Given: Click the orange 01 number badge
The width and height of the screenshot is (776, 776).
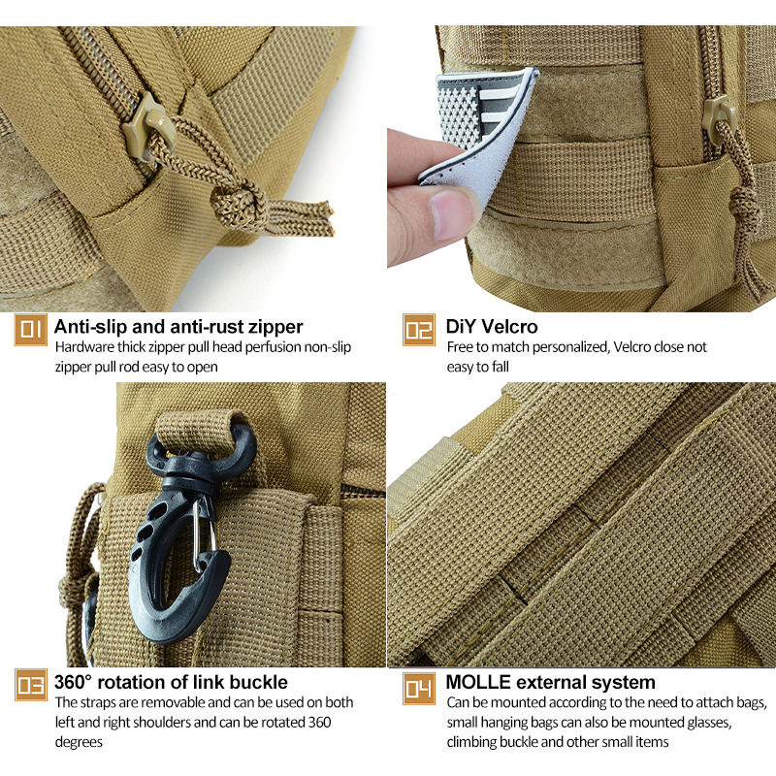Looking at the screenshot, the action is pyautogui.click(x=31, y=330).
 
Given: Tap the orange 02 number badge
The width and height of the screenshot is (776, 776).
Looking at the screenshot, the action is pyautogui.click(x=419, y=330).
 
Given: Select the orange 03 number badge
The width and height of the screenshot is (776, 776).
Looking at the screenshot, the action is pyautogui.click(x=31, y=685).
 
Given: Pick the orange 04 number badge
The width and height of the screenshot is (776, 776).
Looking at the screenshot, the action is pyautogui.click(x=419, y=688).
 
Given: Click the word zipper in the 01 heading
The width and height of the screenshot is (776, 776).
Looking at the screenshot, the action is pyautogui.click(x=275, y=327).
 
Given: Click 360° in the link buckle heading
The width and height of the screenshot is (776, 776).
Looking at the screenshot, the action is pyautogui.click(x=74, y=682).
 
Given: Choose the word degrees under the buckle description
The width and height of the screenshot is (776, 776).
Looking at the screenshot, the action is pyautogui.click(x=79, y=743).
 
